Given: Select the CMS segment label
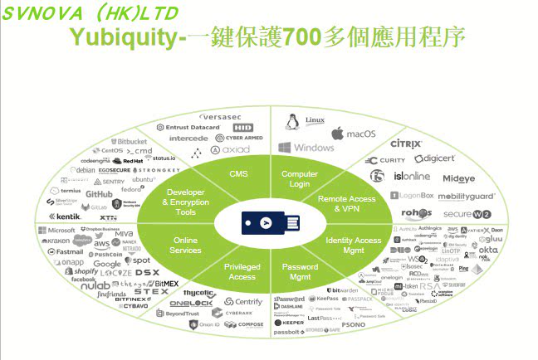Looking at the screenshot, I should (x=238, y=173).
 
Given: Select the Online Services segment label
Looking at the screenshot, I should (x=185, y=246).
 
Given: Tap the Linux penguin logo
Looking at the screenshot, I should (x=291, y=123).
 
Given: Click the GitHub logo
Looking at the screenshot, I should (x=98, y=193).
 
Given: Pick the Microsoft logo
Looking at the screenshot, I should (x=56, y=230).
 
